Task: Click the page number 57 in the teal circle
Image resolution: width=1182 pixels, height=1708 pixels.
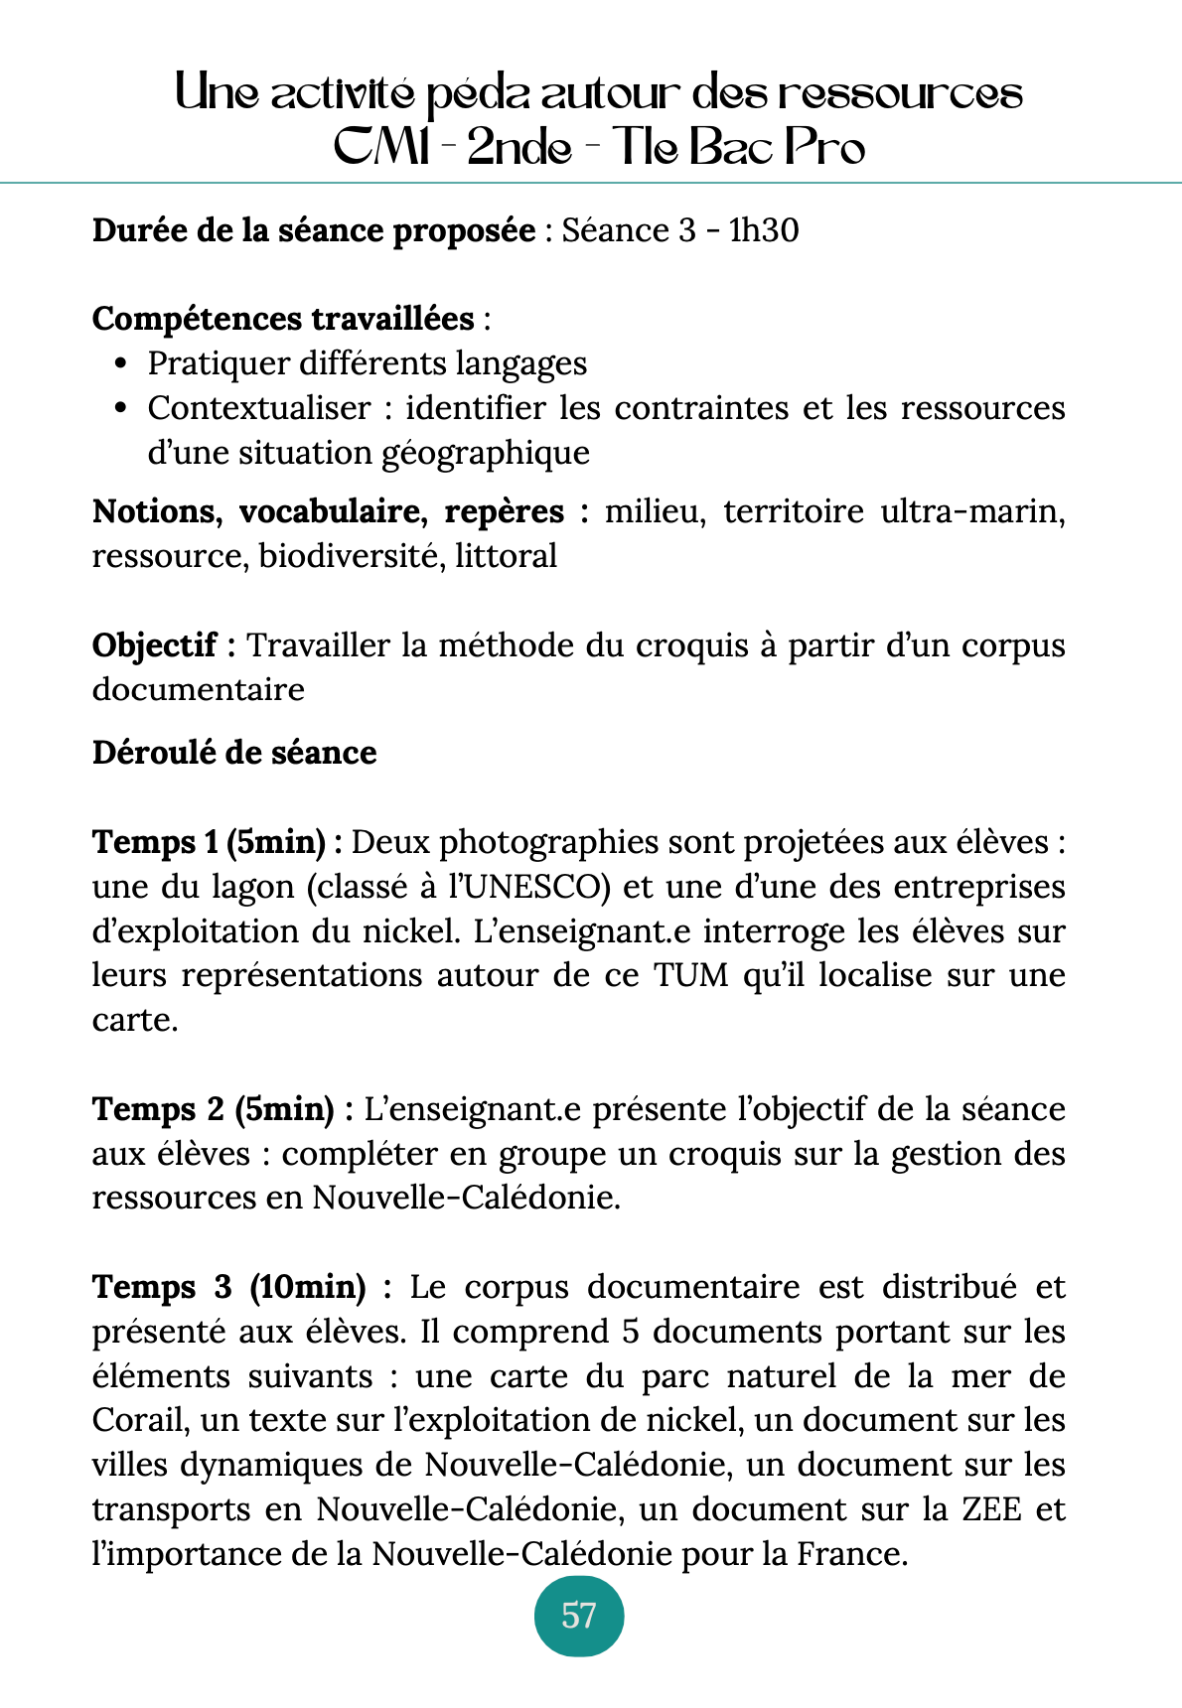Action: point(579,1616)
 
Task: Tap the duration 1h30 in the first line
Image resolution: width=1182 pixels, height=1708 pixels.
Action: point(764,230)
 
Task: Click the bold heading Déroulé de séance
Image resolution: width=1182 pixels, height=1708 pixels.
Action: point(234,753)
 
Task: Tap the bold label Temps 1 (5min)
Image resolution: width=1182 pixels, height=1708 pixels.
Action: point(218,842)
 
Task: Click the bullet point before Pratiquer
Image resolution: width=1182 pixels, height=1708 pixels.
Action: point(121,364)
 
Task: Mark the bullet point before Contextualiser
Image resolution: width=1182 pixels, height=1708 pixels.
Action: point(121,408)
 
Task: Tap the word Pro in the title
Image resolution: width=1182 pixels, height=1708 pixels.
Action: point(824,148)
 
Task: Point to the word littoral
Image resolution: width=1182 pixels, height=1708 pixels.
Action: point(506,556)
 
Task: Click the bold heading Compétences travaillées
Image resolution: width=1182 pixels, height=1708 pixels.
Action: point(283,319)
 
